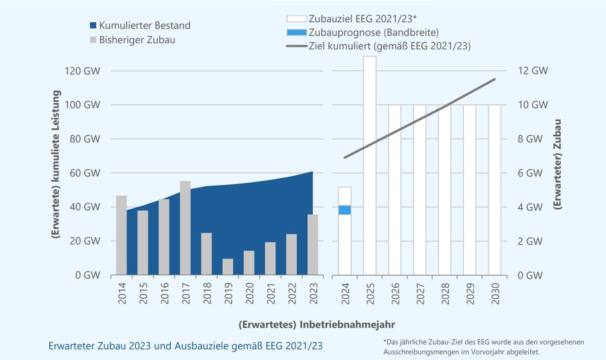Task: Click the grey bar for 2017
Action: click(x=186, y=228)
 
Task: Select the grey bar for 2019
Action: click(x=228, y=267)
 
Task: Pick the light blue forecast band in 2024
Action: click(x=345, y=210)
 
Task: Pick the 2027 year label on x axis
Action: click(x=420, y=293)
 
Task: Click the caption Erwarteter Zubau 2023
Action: click(x=186, y=345)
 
